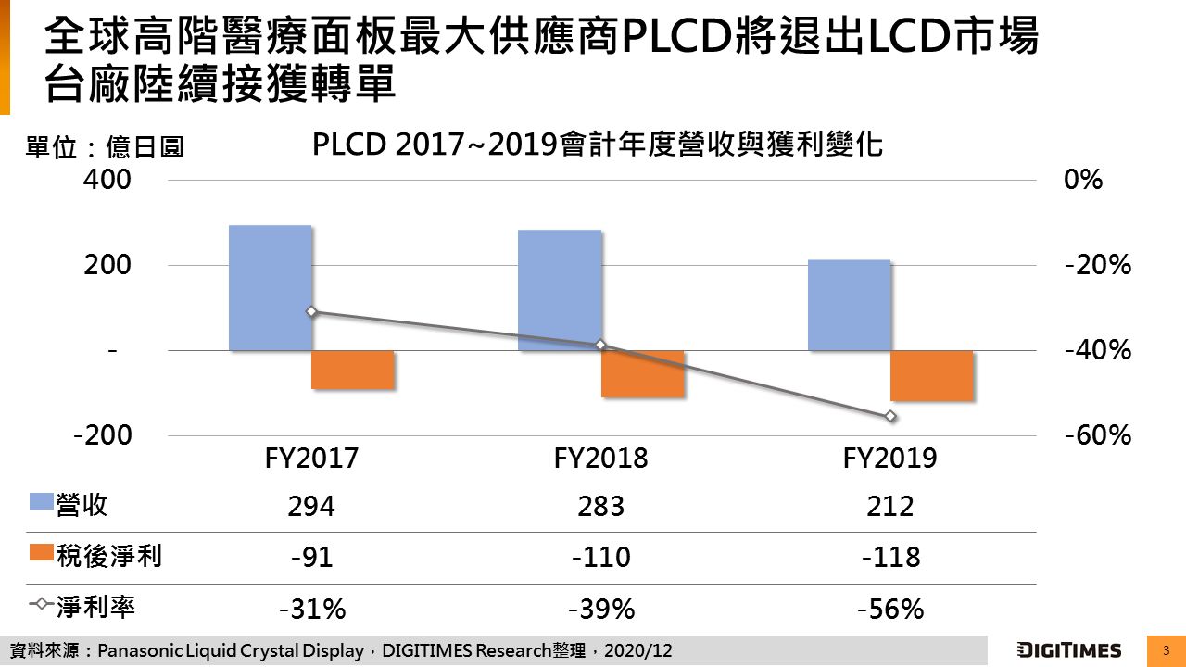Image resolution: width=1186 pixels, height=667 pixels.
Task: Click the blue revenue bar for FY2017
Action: click(270, 287)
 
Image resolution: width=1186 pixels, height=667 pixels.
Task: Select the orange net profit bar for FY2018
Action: click(643, 374)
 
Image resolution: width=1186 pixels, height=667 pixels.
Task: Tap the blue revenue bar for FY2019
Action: click(849, 305)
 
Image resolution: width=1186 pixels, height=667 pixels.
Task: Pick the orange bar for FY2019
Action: click(932, 375)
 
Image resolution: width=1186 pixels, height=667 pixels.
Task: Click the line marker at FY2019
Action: click(890, 416)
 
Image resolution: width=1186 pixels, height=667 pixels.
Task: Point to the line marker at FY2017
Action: click(311, 311)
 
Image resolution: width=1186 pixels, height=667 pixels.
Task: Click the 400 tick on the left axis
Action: click(107, 179)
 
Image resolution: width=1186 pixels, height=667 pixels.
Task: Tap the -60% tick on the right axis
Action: click(1098, 435)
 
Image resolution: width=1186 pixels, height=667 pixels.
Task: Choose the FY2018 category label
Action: click(600, 458)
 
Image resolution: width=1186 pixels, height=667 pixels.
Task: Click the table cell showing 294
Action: click(311, 507)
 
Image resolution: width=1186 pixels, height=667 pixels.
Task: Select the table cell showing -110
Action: click(600, 557)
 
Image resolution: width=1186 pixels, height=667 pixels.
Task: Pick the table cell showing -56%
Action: click(890, 609)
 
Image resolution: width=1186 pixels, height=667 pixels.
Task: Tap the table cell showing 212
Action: click(890, 507)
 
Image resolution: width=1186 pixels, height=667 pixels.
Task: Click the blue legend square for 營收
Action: click(42, 502)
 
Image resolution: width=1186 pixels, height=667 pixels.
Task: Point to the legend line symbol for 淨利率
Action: click(42, 605)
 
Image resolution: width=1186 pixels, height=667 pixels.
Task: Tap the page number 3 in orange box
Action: click(1166, 650)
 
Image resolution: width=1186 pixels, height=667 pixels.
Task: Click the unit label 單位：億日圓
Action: click(104, 147)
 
